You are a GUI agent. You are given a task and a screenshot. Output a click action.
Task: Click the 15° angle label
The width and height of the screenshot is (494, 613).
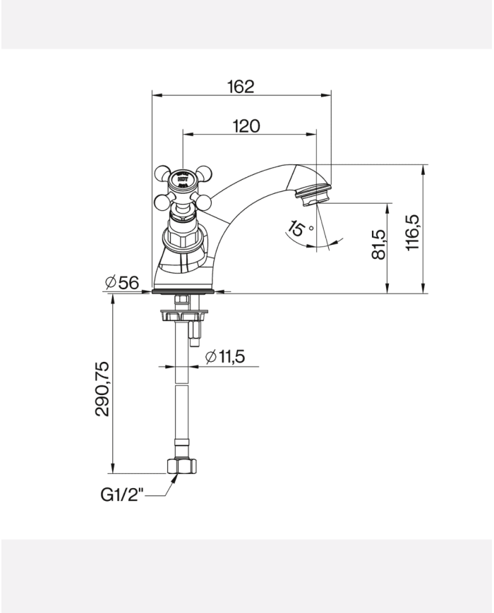[x=299, y=229]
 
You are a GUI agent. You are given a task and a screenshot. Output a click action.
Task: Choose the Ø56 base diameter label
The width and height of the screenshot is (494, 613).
[x=121, y=283]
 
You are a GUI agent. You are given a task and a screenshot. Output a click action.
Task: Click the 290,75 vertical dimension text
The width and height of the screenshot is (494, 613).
[x=102, y=388]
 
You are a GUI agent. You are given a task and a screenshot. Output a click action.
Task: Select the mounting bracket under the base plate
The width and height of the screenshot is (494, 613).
[x=181, y=314]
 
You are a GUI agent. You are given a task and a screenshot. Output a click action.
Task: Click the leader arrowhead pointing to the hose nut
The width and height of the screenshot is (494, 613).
[x=172, y=478]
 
